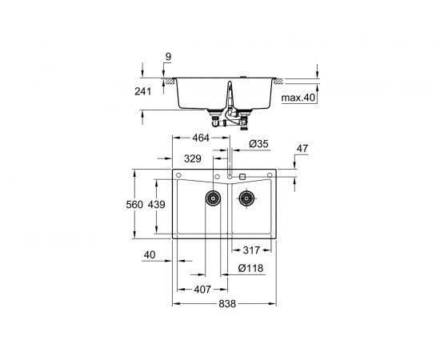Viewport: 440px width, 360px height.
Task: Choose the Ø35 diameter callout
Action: [x=258, y=145]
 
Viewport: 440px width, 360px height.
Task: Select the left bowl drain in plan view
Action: [x=213, y=198]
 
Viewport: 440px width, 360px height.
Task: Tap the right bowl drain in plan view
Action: [x=246, y=198]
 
